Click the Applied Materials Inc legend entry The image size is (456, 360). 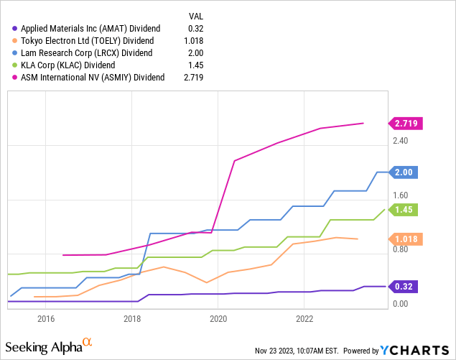pos(90,28)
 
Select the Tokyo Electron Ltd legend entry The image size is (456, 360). pos(89,40)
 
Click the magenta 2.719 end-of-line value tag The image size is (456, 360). pos(406,124)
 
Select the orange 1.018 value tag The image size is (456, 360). pos(406,239)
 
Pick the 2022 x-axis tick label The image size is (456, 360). pos(304,318)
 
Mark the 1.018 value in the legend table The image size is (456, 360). pos(187,40)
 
